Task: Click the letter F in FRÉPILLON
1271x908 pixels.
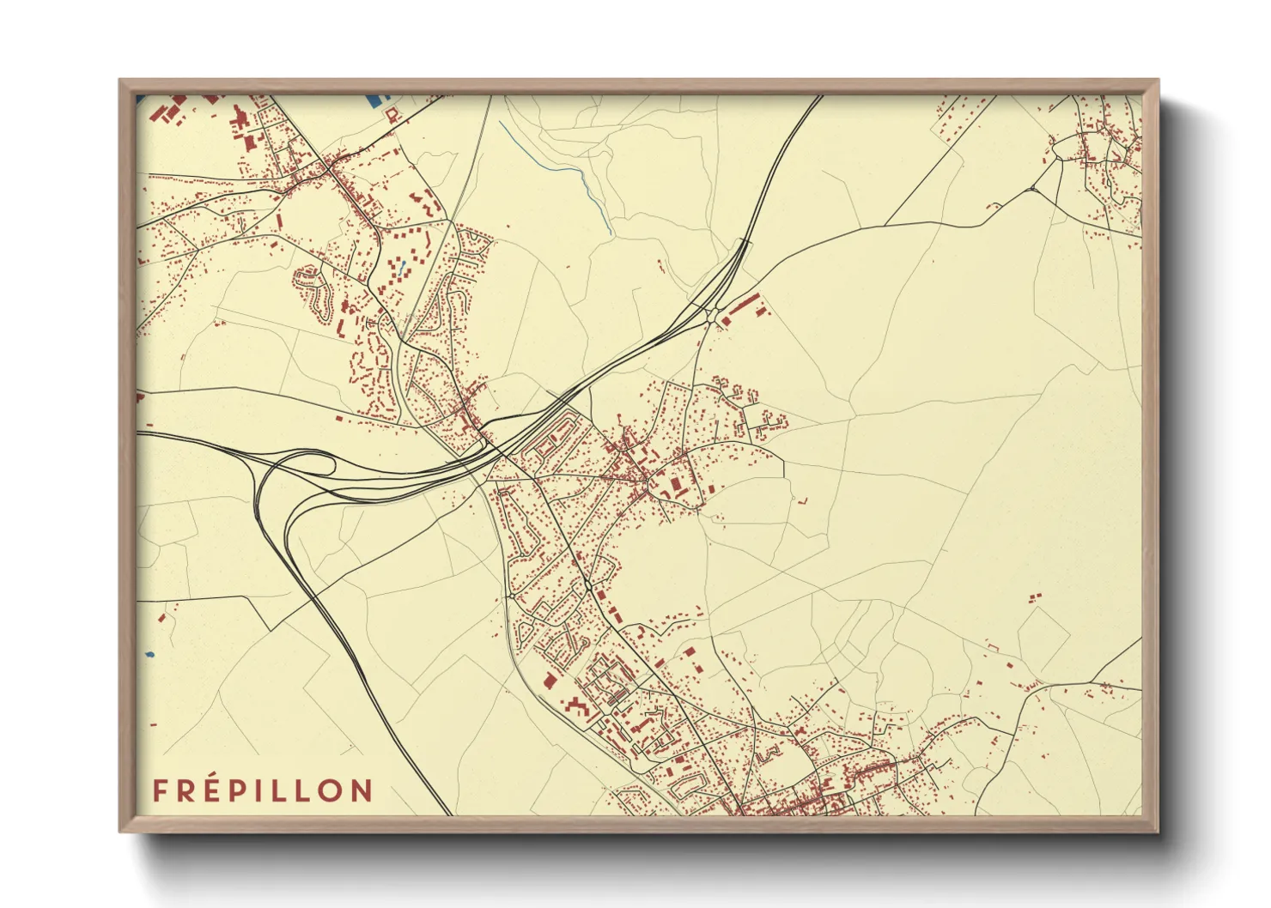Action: [x=160, y=790]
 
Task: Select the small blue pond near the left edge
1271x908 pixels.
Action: [x=149, y=655]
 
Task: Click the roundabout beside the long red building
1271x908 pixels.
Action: [x=714, y=315]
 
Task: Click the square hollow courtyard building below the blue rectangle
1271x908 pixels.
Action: [x=392, y=114]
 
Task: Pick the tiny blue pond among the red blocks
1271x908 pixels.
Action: [x=400, y=263]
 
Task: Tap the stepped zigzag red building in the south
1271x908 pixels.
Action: [x=578, y=706]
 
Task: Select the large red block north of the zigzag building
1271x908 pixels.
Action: [x=548, y=681]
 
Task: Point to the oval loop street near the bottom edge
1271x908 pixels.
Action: [x=687, y=784]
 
